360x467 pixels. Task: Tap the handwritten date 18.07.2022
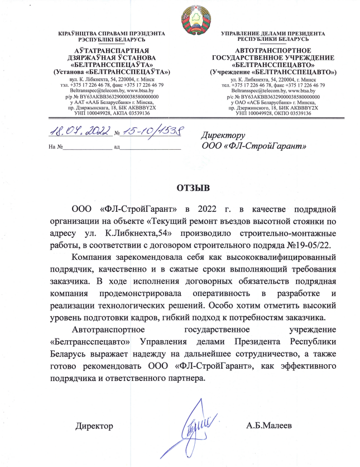[78, 132]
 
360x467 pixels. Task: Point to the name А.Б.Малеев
[272, 426]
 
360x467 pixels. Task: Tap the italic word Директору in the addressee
[222, 135]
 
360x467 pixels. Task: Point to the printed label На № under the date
[55, 146]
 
